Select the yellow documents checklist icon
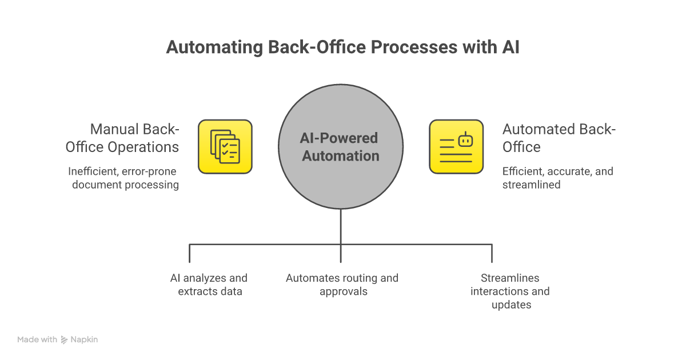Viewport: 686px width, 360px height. (x=225, y=146)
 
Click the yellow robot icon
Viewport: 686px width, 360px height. (x=456, y=146)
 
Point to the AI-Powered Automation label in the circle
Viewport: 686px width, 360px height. (x=341, y=147)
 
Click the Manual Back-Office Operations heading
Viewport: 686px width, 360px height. (x=122, y=138)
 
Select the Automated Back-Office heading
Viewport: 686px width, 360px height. (x=559, y=138)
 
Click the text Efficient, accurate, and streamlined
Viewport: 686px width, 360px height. (x=557, y=178)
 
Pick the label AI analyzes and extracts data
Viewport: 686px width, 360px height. (x=209, y=285)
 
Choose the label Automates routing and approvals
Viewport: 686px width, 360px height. (x=342, y=285)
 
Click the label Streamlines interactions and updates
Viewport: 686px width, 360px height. (x=510, y=291)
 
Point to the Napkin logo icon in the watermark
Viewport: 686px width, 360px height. (x=64, y=340)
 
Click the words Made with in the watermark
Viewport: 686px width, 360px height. (x=37, y=339)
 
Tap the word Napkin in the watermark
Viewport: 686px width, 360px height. (x=84, y=339)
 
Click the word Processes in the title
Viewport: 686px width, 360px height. (x=404, y=47)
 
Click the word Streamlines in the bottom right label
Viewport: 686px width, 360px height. (x=510, y=278)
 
